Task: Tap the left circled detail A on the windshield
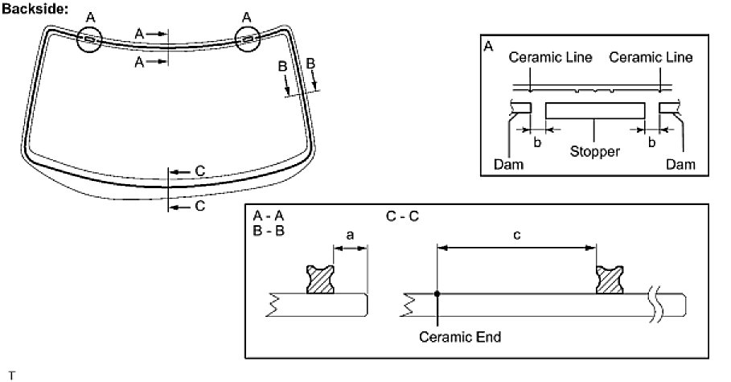tap(89, 39)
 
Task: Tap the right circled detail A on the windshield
tap(248, 39)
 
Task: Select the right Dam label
tap(680, 164)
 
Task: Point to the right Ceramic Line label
tap(651, 58)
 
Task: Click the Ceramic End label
tap(459, 337)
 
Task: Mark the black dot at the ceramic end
tap(437, 294)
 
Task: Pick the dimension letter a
tap(350, 236)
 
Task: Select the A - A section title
tap(268, 216)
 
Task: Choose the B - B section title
tap(268, 231)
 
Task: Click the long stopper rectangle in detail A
tap(594, 110)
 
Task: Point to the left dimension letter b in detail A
tap(537, 142)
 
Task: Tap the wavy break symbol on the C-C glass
tap(658, 304)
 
